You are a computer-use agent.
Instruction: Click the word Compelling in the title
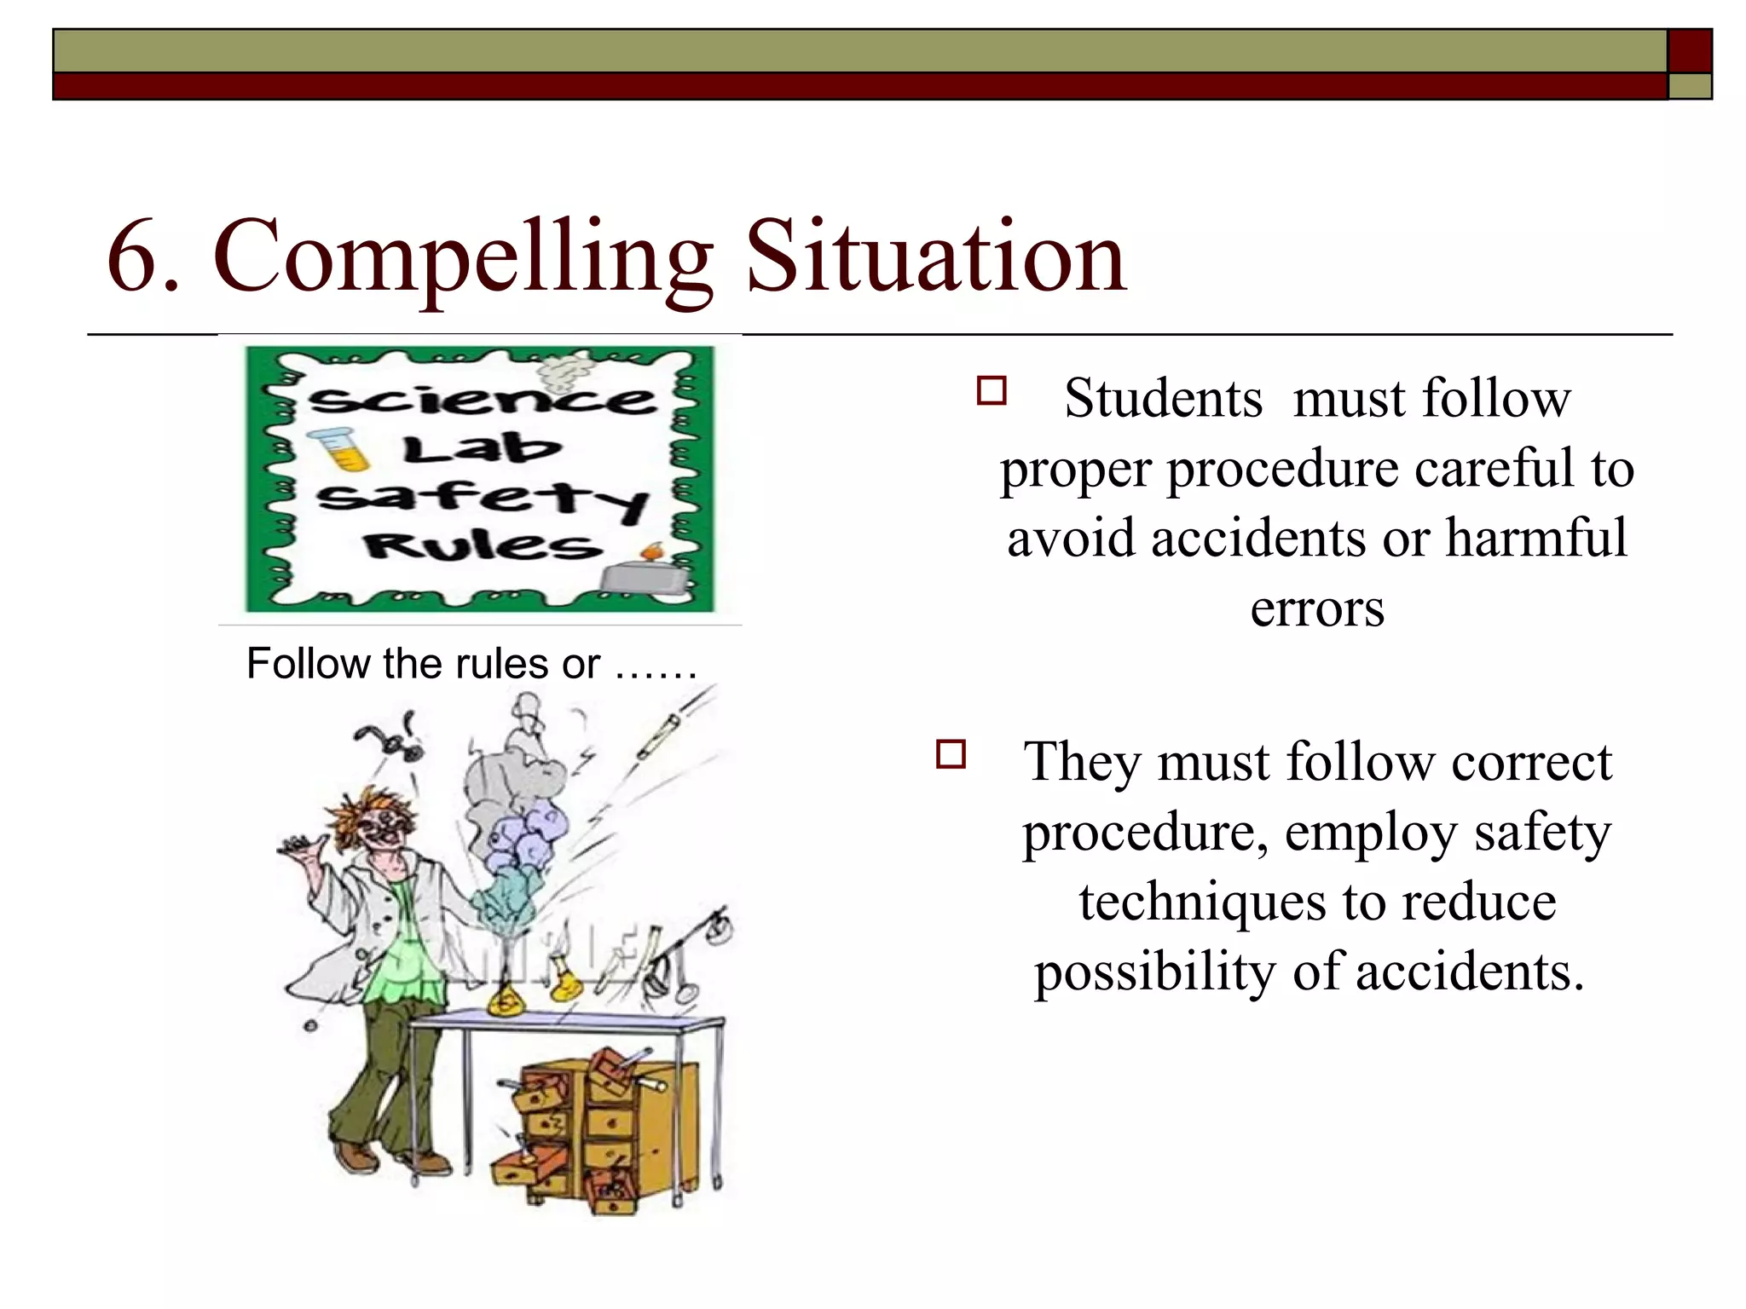463,258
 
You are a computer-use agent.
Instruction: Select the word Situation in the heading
936,257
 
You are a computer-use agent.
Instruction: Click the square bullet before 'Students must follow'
992,391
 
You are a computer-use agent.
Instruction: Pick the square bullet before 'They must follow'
951,754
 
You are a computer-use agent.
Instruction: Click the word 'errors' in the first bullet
1317,608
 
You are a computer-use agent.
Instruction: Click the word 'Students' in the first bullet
1163,398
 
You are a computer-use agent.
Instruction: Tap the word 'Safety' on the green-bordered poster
483,499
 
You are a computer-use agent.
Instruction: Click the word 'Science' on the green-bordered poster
483,399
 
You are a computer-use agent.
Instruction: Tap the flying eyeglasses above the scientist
390,739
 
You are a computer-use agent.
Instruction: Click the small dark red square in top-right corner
1690,51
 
